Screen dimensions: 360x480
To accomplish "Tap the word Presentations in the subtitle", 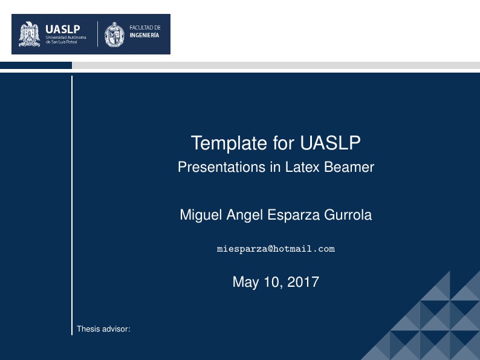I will click(x=213, y=168).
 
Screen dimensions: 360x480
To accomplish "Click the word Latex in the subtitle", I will click(x=287, y=168).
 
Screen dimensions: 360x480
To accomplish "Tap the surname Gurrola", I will click(x=347, y=215).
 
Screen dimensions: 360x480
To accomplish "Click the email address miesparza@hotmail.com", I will click(x=276, y=249).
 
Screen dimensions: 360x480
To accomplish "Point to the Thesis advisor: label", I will click(x=103, y=329).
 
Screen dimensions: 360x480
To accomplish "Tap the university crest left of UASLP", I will click(x=30, y=34).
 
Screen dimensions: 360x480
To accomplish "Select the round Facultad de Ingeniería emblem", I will click(x=114, y=34).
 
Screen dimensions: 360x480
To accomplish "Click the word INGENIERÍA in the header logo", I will click(x=144, y=36).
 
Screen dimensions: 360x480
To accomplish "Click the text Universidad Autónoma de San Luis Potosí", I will click(x=66, y=40).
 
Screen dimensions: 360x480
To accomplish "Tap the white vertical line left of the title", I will click(x=72, y=206).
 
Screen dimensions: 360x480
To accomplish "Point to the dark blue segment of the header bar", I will click(x=36, y=65).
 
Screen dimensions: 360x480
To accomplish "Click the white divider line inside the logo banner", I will click(x=97, y=34).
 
